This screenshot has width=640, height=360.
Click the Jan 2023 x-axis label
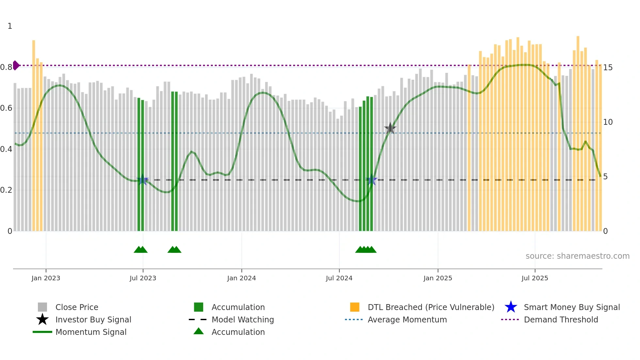click(x=46, y=278)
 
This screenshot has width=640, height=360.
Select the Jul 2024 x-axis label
click(x=339, y=278)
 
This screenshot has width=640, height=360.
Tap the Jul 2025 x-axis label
click(x=535, y=278)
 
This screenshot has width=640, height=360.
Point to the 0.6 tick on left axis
click(x=6, y=108)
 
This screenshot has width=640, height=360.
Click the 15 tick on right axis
click(x=608, y=68)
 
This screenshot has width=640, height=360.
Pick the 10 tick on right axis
click(x=608, y=122)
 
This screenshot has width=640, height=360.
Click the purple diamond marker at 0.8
click(x=16, y=65)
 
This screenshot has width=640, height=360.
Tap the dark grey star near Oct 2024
click(x=390, y=128)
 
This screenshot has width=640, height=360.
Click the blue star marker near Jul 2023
click(x=143, y=180)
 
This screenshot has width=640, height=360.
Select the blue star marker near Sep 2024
click(x=372, y=180)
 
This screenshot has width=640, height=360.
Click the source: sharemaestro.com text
click(x=577, y=256)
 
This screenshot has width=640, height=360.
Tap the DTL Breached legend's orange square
click(x=355, y=307)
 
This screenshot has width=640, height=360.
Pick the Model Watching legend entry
click(x=242, y=320)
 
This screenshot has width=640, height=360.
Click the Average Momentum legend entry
click(x=407, y=320)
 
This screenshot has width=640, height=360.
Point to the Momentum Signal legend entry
click(x=91, y=332)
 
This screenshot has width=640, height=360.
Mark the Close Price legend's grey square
click(x=42, y=307)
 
